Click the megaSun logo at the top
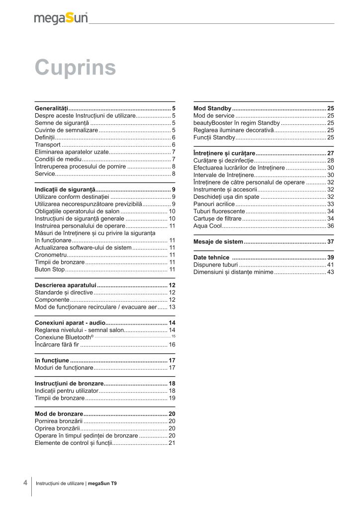[x=61, y=18]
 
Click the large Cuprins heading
[x=76, y=68]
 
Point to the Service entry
[x=45, y=174]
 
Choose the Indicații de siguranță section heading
[x=64, y=190]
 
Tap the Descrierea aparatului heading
[x=65, y=285]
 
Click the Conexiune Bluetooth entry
[x=64, y=338]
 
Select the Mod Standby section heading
[x=212, y=108]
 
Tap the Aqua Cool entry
[x=207, y=226]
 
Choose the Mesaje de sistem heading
[x=218, y=242]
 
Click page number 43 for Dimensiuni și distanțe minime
[x=330, y=272]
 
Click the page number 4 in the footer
[x=25, y=483]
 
